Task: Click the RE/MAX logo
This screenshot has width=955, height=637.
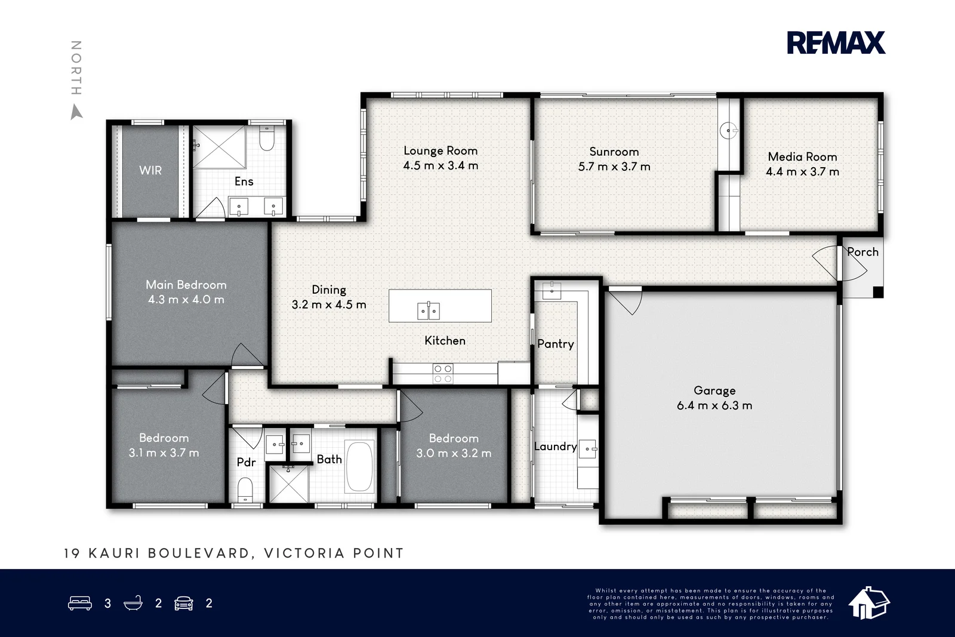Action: click(836, 42)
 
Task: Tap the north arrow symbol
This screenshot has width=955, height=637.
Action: click(76, 113)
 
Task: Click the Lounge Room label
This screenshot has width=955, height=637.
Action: click(440, 151)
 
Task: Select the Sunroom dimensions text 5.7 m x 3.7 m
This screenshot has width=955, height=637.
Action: click(614, 167)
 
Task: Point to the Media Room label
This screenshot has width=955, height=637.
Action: click(802, 157)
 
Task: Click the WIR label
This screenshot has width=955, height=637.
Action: click(150, 171)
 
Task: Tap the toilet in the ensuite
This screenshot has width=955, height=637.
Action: click(267, 139)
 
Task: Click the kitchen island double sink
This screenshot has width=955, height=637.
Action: click(429, 310)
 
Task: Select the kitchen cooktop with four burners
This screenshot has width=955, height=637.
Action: click(442, 374)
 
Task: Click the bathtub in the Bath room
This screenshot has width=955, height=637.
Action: click(359, 467)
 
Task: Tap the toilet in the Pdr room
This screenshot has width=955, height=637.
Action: click(245, 490)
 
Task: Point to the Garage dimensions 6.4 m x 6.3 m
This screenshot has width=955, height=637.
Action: click(714, 405)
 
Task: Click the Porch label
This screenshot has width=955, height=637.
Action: click(862, 252)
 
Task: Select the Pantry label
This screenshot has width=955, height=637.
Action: click(556, 344)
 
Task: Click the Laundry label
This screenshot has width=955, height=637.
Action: click(556, 447)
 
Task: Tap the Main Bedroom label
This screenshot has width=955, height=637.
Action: click(186, 285)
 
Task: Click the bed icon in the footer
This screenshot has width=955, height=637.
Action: click(80, 603)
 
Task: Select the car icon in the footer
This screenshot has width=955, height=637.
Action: click(184, 604)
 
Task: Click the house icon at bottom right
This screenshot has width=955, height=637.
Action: click(868, 603)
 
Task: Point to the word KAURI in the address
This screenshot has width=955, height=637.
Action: click(114, 553)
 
